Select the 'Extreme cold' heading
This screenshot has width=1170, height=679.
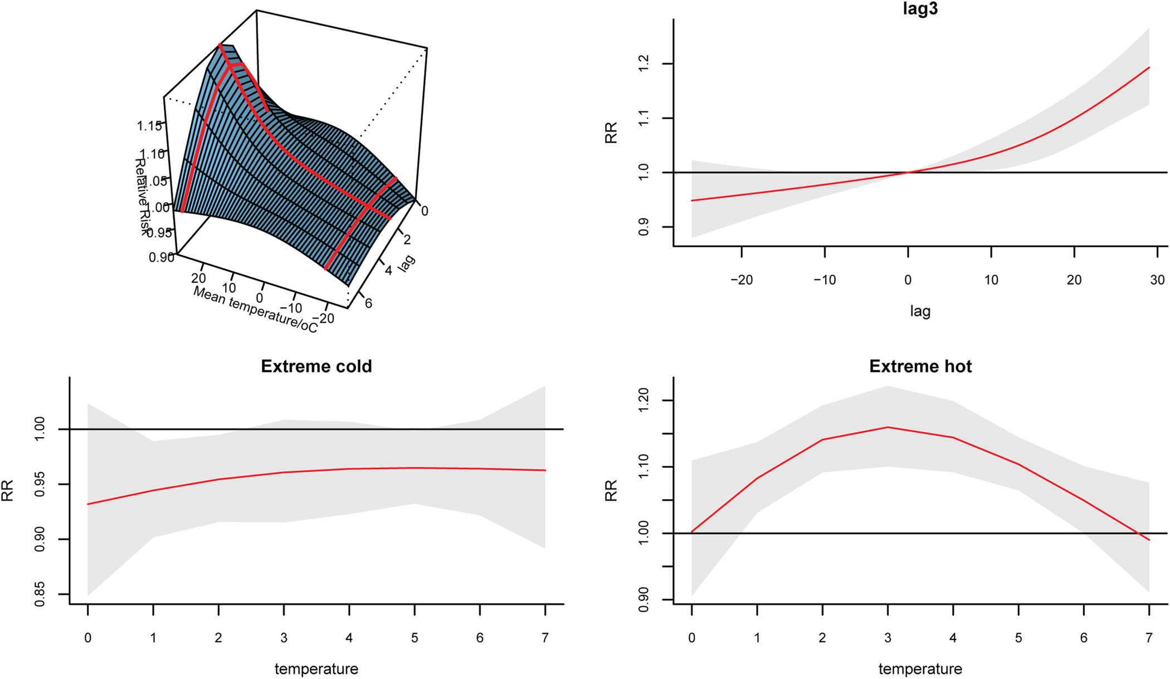point(316,366)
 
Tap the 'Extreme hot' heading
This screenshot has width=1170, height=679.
point(920,366)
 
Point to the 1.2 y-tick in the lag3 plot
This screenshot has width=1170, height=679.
point(643,64)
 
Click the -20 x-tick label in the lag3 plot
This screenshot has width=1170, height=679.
point(741,280)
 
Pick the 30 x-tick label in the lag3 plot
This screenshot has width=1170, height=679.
point(1157,280)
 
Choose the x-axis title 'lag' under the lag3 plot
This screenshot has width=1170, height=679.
point(920,311)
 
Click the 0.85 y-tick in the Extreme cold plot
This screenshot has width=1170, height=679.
point(40,594)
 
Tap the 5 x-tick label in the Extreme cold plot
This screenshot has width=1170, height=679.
point(415,638)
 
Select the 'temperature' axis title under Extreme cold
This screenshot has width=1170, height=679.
point(316,668)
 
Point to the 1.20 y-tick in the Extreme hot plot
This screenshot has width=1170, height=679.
point(643,400)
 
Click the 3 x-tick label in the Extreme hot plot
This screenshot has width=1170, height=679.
point(888,638)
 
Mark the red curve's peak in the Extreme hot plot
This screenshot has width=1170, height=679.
point(888,427)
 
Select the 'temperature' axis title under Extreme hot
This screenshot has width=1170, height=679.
point(920,668)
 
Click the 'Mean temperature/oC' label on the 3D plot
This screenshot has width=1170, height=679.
point(255,310)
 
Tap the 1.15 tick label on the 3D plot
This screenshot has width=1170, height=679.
point(149,126)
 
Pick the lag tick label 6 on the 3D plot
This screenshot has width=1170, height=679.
point(368,304)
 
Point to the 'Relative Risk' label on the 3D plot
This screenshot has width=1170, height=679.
point(142,197)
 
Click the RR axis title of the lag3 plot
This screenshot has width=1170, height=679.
point(611,133)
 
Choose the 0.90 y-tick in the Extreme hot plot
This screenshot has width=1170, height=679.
point(643,600)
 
